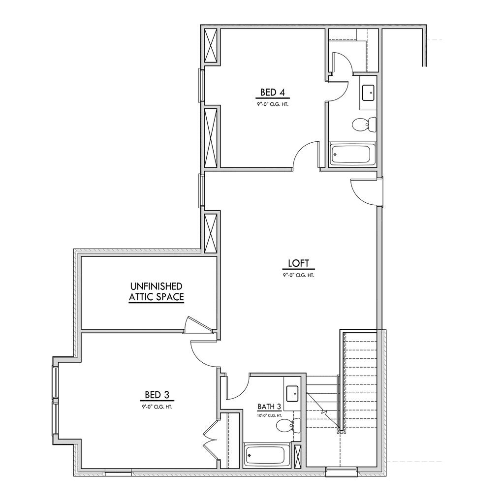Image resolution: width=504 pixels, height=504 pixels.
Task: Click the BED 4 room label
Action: [273, 93]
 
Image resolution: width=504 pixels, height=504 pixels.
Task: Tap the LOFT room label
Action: [298, 264]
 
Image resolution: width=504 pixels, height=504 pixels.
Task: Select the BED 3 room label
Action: [157, 394]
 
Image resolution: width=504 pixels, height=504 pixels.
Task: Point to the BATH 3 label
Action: [269, 407]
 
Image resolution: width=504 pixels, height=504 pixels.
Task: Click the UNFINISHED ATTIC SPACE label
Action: [156, 291]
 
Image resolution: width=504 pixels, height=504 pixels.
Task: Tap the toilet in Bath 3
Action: [288, 426]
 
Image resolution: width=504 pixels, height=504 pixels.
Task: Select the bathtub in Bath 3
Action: [264, 456]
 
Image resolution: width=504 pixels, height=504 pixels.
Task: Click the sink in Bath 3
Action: [292, 393]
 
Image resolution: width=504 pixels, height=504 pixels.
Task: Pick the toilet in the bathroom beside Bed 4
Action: [364, 124]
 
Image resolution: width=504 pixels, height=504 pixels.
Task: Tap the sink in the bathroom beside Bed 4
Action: [368, 93]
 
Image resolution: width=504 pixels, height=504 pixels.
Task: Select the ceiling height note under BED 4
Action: [273, 104]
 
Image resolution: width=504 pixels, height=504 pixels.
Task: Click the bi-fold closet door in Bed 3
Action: [211, 440]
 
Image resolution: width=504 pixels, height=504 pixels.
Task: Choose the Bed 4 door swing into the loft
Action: [305, 154]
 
